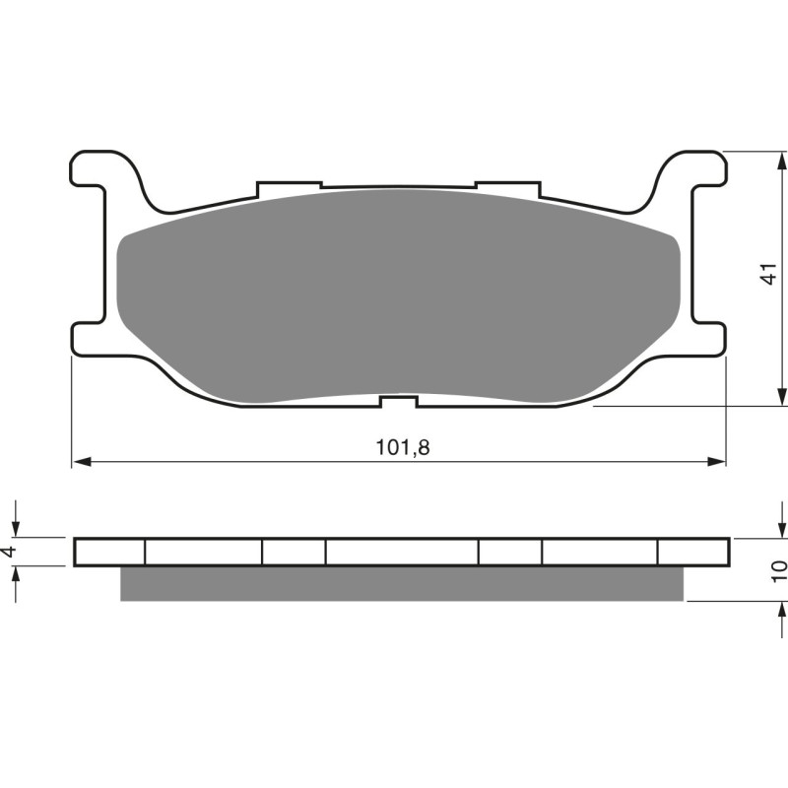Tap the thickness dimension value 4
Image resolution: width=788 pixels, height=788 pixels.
tap(11, 552)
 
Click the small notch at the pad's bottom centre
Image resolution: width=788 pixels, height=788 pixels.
tap(398, 401)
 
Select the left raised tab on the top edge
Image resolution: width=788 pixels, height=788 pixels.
tap(289, 185)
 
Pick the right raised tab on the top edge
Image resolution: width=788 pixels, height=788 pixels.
tap(507, 185)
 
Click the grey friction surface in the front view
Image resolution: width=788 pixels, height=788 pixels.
tap(398, 295)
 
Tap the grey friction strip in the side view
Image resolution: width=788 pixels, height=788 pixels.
tap(401, 583)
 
